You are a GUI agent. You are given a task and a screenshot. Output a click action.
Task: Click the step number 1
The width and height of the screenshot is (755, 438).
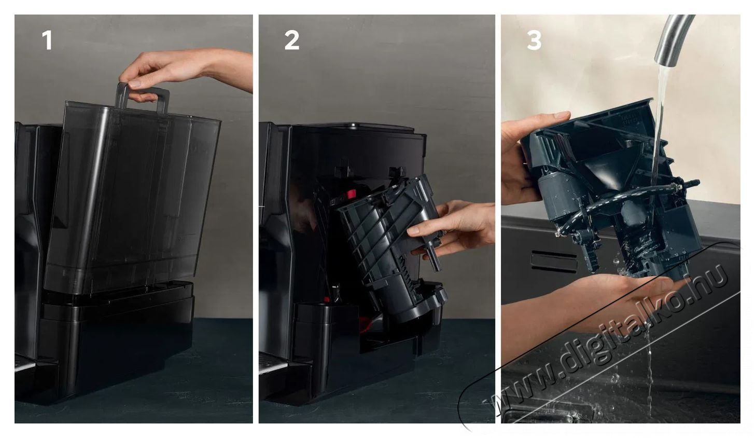(47, 40)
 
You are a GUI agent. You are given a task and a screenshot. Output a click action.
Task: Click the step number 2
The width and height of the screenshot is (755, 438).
(291, 40)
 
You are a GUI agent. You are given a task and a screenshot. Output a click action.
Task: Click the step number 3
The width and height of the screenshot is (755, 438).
(534, 40)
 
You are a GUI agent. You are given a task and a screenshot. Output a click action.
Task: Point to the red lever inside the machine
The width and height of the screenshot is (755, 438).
(350, 194)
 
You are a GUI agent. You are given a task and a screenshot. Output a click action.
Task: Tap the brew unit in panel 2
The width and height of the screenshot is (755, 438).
(393, 250)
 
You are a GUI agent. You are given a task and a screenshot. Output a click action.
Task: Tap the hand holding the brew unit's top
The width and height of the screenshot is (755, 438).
(526, 152)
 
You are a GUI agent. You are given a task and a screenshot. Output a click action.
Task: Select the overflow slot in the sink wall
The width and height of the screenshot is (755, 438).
(553, 261)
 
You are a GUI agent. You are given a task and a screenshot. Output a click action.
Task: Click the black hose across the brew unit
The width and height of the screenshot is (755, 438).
(623, 199)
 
